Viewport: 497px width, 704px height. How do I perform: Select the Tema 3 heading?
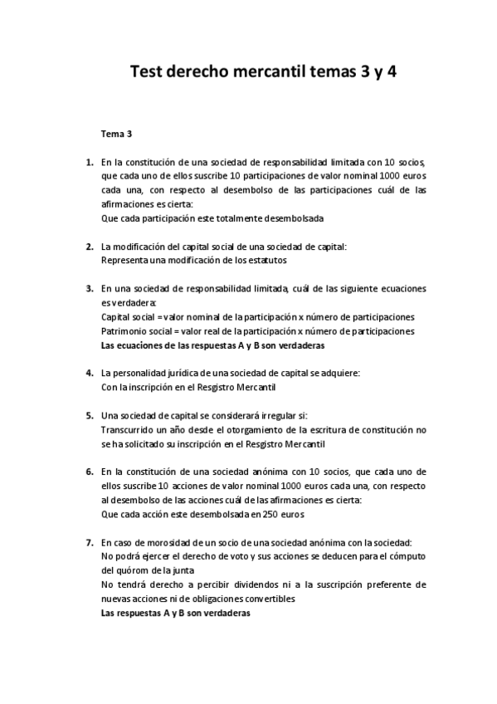[117, 134]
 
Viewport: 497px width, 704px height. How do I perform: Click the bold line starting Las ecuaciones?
[212, 345]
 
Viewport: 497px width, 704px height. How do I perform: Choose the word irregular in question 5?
[262, 415]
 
